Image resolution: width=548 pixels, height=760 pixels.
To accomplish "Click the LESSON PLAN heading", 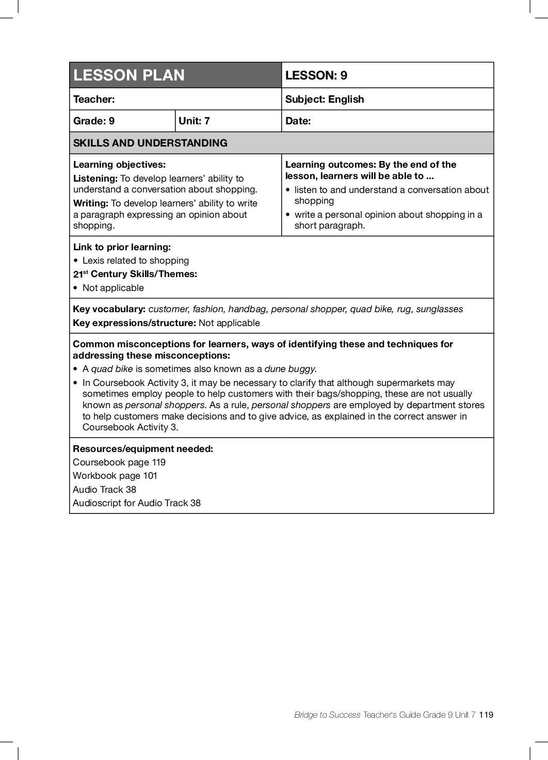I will click(x=129, y=75).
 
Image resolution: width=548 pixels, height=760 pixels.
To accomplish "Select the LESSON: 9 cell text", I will click(x=316, y=75).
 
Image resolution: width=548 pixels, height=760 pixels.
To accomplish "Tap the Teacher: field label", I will click(x=94, y=99).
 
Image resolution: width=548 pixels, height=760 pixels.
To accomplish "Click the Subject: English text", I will click(x=325, y=99).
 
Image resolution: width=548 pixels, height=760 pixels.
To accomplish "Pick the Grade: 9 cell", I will click(x=94, y=121).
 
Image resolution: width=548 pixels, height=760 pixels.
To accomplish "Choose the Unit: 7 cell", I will click(x=194, y=121).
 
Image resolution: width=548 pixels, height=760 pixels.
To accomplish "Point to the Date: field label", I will click(x=298, y=121).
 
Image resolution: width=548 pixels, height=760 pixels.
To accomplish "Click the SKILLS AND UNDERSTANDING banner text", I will click(x=150, y=143).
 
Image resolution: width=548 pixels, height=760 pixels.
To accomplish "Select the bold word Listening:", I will click(x=95, y=179).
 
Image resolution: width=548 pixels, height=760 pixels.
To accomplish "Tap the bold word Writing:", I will click(x=91, y=203).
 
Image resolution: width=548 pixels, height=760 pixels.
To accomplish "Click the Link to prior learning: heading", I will click(x=122, y=247).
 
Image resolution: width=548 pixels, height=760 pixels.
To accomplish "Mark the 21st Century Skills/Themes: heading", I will click(x=135, y=274).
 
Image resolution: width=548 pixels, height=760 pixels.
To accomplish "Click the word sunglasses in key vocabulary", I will click(x=440, y=309).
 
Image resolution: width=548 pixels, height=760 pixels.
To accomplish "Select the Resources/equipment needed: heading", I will click(x=143, y=449).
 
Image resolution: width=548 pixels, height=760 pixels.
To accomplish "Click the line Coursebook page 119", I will click(x=119, y=462).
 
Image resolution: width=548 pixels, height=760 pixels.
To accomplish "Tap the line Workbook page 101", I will click(x=115, y=476).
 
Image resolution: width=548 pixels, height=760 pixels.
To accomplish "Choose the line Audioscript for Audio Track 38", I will click(x=137, y=503).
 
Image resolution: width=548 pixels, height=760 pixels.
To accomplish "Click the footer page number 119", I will click(x=486, y=715).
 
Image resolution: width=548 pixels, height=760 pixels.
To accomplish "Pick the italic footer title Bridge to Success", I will click(x=327, y=715).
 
